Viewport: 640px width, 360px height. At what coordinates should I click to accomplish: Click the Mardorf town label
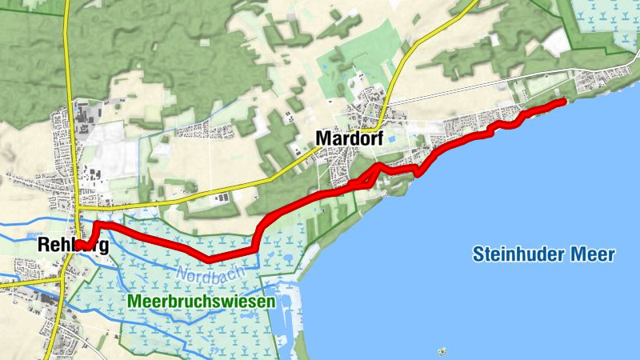click(x=350, y=138)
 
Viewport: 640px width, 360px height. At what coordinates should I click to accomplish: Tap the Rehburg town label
click(x=72, y=246)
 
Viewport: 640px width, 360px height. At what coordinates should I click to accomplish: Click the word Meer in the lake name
click(x=592, y=255)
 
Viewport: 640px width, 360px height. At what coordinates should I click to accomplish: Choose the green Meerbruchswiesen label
click(x=201, y=302)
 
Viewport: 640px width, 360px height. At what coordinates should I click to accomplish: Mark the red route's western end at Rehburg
click(x=80, y=245)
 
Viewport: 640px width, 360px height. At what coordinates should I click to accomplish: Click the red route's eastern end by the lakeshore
click(x=563, y=101)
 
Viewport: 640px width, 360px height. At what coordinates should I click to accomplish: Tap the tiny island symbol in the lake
click(x=442, y=350)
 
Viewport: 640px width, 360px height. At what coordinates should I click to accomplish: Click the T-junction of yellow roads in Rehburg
click(x=78, y=206)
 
